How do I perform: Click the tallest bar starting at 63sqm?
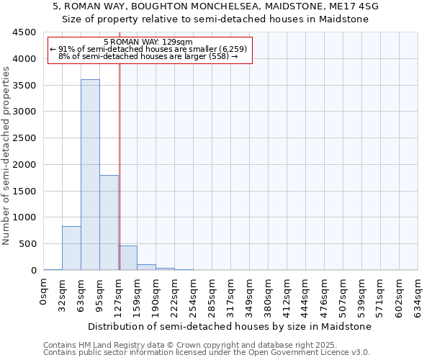click(90, 175)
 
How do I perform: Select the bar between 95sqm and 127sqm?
click(109, 222)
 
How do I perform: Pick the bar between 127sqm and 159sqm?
click(127, 258)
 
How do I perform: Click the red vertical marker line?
click(120, 166)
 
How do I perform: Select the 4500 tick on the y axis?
click(24, 32)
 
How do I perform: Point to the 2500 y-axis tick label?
click(24, 138)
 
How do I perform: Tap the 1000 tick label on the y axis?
click(24, 217)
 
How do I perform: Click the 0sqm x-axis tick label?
click(44, 292)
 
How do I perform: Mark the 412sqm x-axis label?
click(287, 295)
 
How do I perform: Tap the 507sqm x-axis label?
click(343, 295)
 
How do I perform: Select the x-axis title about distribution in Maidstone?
click(230, 326)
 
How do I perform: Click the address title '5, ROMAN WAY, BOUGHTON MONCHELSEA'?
click(215, 6)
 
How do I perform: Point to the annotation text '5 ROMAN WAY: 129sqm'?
click(148, 42)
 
